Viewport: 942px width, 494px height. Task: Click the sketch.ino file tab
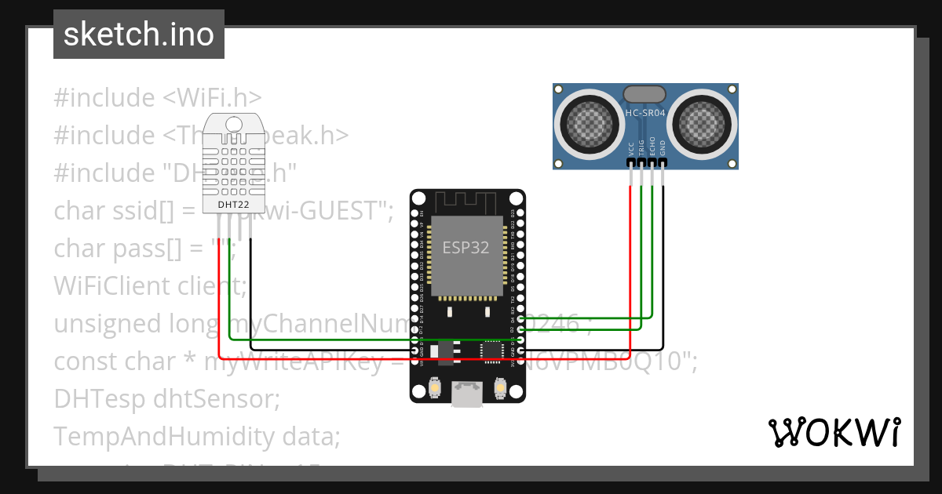[139, 35]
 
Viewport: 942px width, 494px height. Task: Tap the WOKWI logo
[833, 432]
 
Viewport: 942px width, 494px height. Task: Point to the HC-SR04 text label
[644, 113]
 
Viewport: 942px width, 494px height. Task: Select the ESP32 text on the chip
[466, 248]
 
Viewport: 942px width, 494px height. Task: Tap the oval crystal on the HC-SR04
[644, 94]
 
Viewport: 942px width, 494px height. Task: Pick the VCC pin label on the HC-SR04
[631, 148]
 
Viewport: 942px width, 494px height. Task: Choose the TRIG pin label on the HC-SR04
[641, 148]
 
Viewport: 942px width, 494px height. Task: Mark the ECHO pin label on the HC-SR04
[652, 148]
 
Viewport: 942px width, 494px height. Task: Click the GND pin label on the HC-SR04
[663, 148]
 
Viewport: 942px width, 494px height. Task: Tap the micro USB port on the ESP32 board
[468, 394]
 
